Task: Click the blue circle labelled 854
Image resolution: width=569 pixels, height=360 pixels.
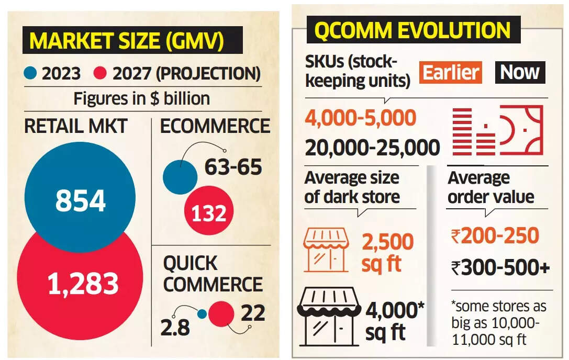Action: [x=80, y=200]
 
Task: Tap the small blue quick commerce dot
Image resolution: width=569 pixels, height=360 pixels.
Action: [x=202, y=314]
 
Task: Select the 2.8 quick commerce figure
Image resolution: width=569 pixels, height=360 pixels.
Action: [x=175, y=328]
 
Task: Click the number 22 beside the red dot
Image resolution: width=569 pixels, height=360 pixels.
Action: [x=252, y=312]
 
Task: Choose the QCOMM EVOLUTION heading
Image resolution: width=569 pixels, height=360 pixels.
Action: [x=411, y=30]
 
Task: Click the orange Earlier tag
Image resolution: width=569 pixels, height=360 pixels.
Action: [x=451, y=72]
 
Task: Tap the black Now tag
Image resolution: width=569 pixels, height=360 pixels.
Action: [x=520, y=72]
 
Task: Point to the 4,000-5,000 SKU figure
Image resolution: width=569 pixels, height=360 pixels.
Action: [x=361, y=118]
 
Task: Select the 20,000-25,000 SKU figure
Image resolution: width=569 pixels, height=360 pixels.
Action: [x=372, y=148]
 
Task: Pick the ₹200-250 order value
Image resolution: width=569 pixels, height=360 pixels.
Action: [x=495, y=236]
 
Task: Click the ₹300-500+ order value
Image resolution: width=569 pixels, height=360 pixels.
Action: [x=500, y=267]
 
